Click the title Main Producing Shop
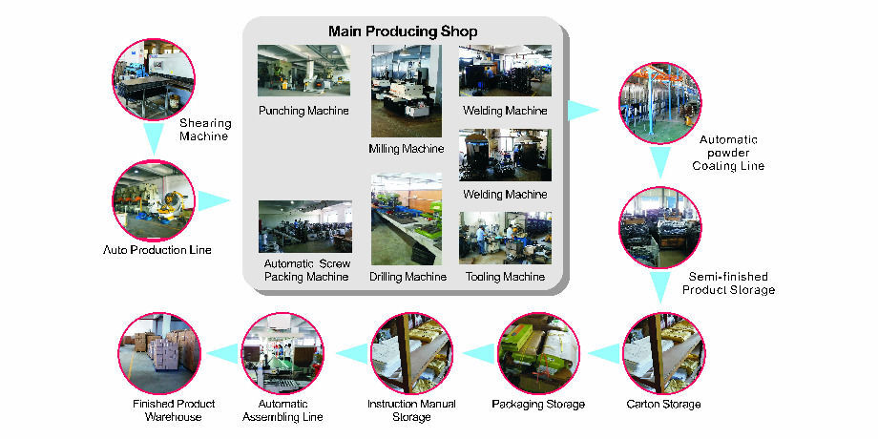403,31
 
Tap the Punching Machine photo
303,71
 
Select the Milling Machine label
406,149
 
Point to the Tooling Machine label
505,277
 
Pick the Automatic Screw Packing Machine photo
305,227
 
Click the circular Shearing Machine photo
154,79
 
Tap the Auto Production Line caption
157,250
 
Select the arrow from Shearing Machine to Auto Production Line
154,139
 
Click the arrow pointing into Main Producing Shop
214,200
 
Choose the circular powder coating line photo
660,104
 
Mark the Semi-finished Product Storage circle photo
660,228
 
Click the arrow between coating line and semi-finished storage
660,162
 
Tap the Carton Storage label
663,404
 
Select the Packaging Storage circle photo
538,353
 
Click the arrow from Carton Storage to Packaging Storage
603,353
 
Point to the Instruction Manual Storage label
411,409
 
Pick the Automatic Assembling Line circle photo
282,353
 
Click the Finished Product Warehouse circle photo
159,353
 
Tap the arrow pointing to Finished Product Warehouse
222,353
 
